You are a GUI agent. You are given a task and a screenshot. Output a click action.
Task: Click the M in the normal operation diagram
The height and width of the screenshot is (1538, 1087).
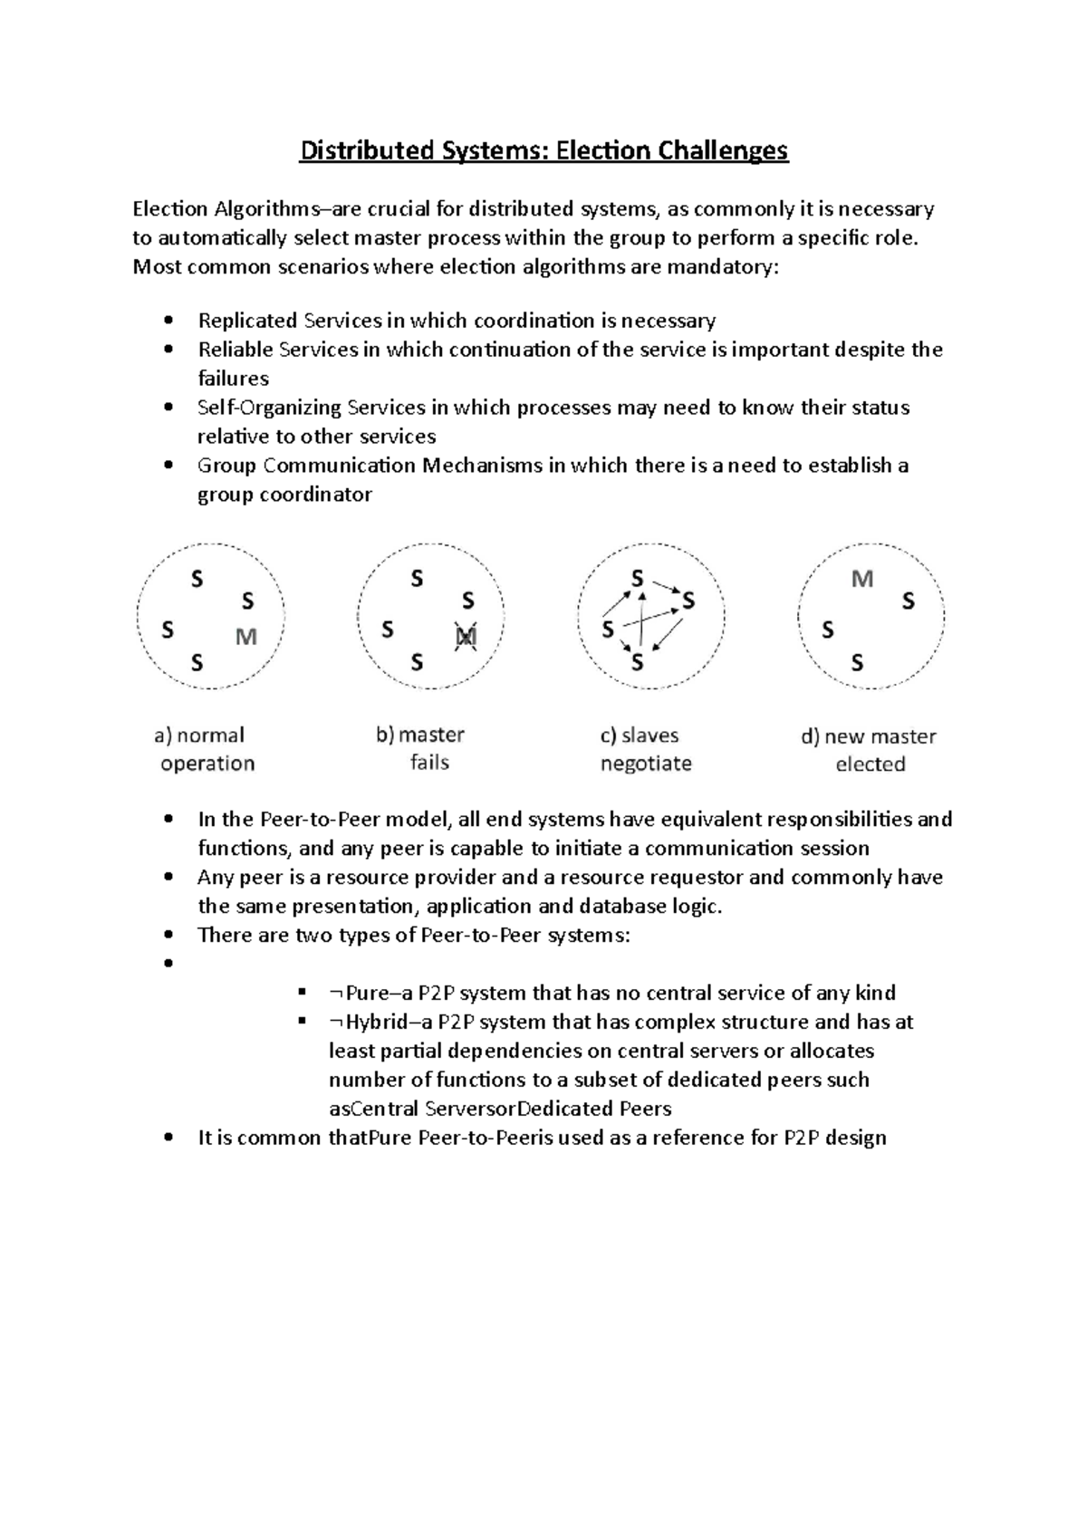point(246,638)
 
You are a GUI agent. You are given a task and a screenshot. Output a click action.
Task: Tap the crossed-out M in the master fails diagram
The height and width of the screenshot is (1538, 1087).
point(466,638)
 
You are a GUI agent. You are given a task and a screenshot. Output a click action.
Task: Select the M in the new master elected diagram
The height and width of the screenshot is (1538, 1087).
point(862,579)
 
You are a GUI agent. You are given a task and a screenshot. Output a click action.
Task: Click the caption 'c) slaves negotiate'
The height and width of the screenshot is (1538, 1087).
point(646,749)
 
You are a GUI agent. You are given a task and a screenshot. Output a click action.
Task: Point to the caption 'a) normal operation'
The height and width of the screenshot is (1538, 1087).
point(205,749)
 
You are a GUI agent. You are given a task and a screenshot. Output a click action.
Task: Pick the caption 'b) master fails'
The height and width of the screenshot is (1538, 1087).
point(425,748)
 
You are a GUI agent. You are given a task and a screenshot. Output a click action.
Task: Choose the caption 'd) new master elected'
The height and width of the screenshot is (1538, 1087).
point(869,750)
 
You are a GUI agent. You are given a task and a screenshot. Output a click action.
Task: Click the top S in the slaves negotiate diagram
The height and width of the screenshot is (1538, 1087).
point(638,578)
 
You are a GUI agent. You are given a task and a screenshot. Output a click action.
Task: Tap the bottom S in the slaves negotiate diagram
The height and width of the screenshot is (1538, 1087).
point(638,663)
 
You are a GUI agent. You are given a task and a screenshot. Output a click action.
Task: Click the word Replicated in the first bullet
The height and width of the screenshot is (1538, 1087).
point(247,321)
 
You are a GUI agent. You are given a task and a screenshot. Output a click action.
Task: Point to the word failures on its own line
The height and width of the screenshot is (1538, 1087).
point(233,379)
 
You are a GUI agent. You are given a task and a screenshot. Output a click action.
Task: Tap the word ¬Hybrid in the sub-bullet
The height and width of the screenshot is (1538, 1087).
point(368,1022)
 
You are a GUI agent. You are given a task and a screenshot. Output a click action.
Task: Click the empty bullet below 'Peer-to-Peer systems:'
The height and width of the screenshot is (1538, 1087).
point(168,965)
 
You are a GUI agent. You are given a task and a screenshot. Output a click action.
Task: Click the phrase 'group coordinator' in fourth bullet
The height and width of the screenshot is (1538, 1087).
point(284,495)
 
